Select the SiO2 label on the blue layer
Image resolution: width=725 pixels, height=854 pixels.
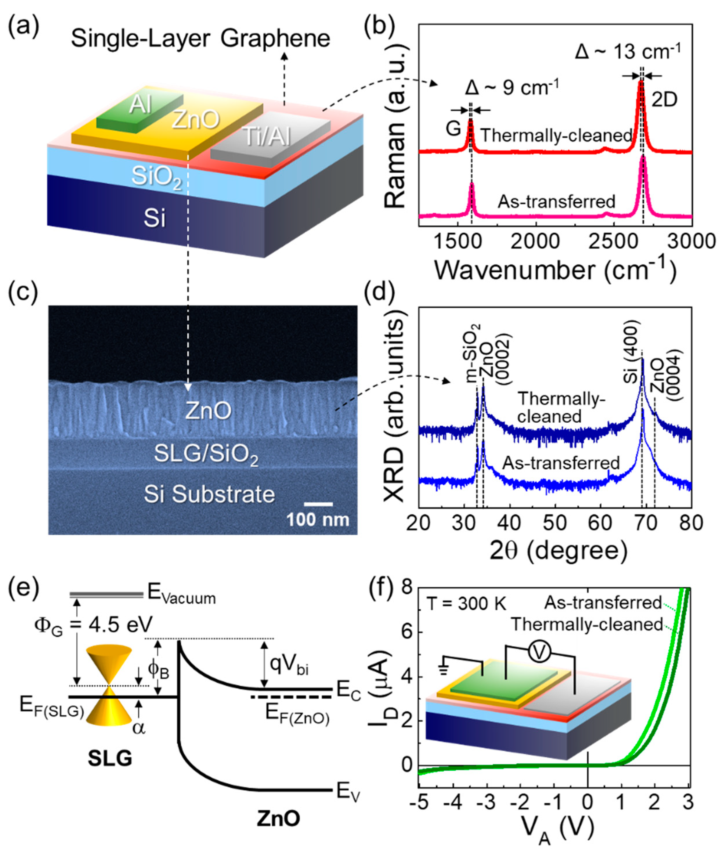tap(156, 179)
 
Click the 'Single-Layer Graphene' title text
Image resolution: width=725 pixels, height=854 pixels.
tap(200, 39)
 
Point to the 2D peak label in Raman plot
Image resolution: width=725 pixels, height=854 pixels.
tap(664, 100)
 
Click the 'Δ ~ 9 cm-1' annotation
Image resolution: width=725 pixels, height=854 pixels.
tap(512, 88)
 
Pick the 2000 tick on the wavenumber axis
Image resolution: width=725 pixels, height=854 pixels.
tap(535, 242)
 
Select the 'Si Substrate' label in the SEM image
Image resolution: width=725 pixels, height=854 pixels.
tap(209, 494)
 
